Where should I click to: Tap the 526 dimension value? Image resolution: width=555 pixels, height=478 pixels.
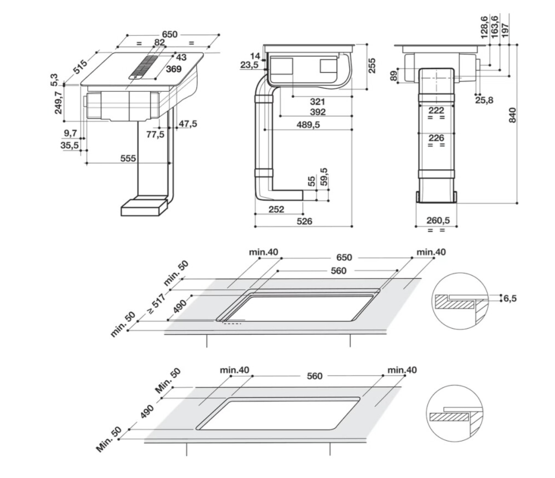[x=304, y=221]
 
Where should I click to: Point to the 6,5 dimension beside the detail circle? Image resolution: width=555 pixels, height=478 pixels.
[x=510, y=298]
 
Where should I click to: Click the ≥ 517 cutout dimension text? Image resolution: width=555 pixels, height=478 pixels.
[x=157, y=304]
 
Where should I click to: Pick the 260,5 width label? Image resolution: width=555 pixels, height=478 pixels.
[x=438, y=220]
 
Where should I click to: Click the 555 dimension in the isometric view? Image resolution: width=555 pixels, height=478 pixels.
[x=128, y=158]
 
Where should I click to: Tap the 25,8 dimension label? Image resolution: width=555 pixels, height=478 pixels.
[x=484, y=100]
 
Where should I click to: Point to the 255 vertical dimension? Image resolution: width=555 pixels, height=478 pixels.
[x=372, y=66]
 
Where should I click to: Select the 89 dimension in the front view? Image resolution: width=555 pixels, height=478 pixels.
[x=394, y=76]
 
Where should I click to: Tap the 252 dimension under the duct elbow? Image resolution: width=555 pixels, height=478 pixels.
[x=276, y=210]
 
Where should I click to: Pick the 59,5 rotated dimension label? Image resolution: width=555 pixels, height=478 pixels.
[x=324, y=177]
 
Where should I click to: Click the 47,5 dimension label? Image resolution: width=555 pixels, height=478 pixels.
[x=188, y=124]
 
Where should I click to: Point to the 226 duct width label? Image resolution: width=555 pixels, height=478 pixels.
[x=436, y=138]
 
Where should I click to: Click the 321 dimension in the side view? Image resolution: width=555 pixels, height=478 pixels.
[x=317, y=102]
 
